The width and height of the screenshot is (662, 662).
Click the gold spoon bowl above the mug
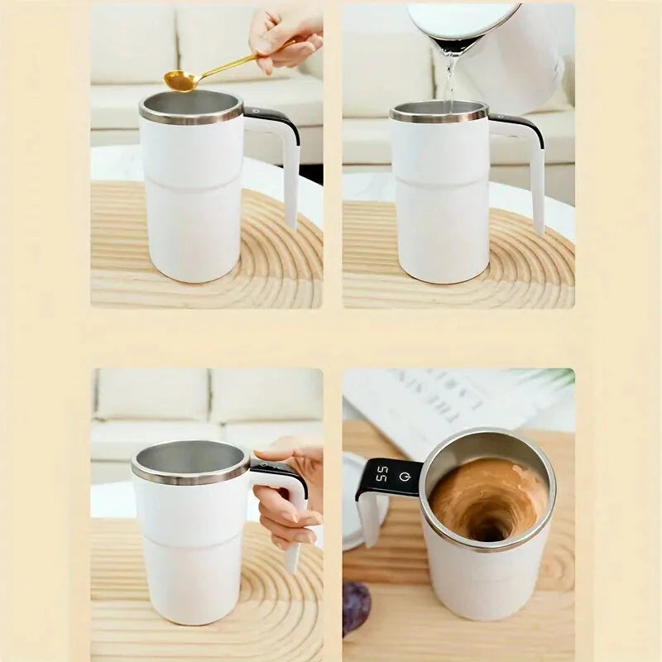[x=180, y=80]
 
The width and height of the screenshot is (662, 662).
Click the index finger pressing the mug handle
[x=277, y=453]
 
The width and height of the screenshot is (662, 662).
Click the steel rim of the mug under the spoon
[x=191, y=116]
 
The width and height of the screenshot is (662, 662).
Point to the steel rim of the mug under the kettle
[x=439, y=116]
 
